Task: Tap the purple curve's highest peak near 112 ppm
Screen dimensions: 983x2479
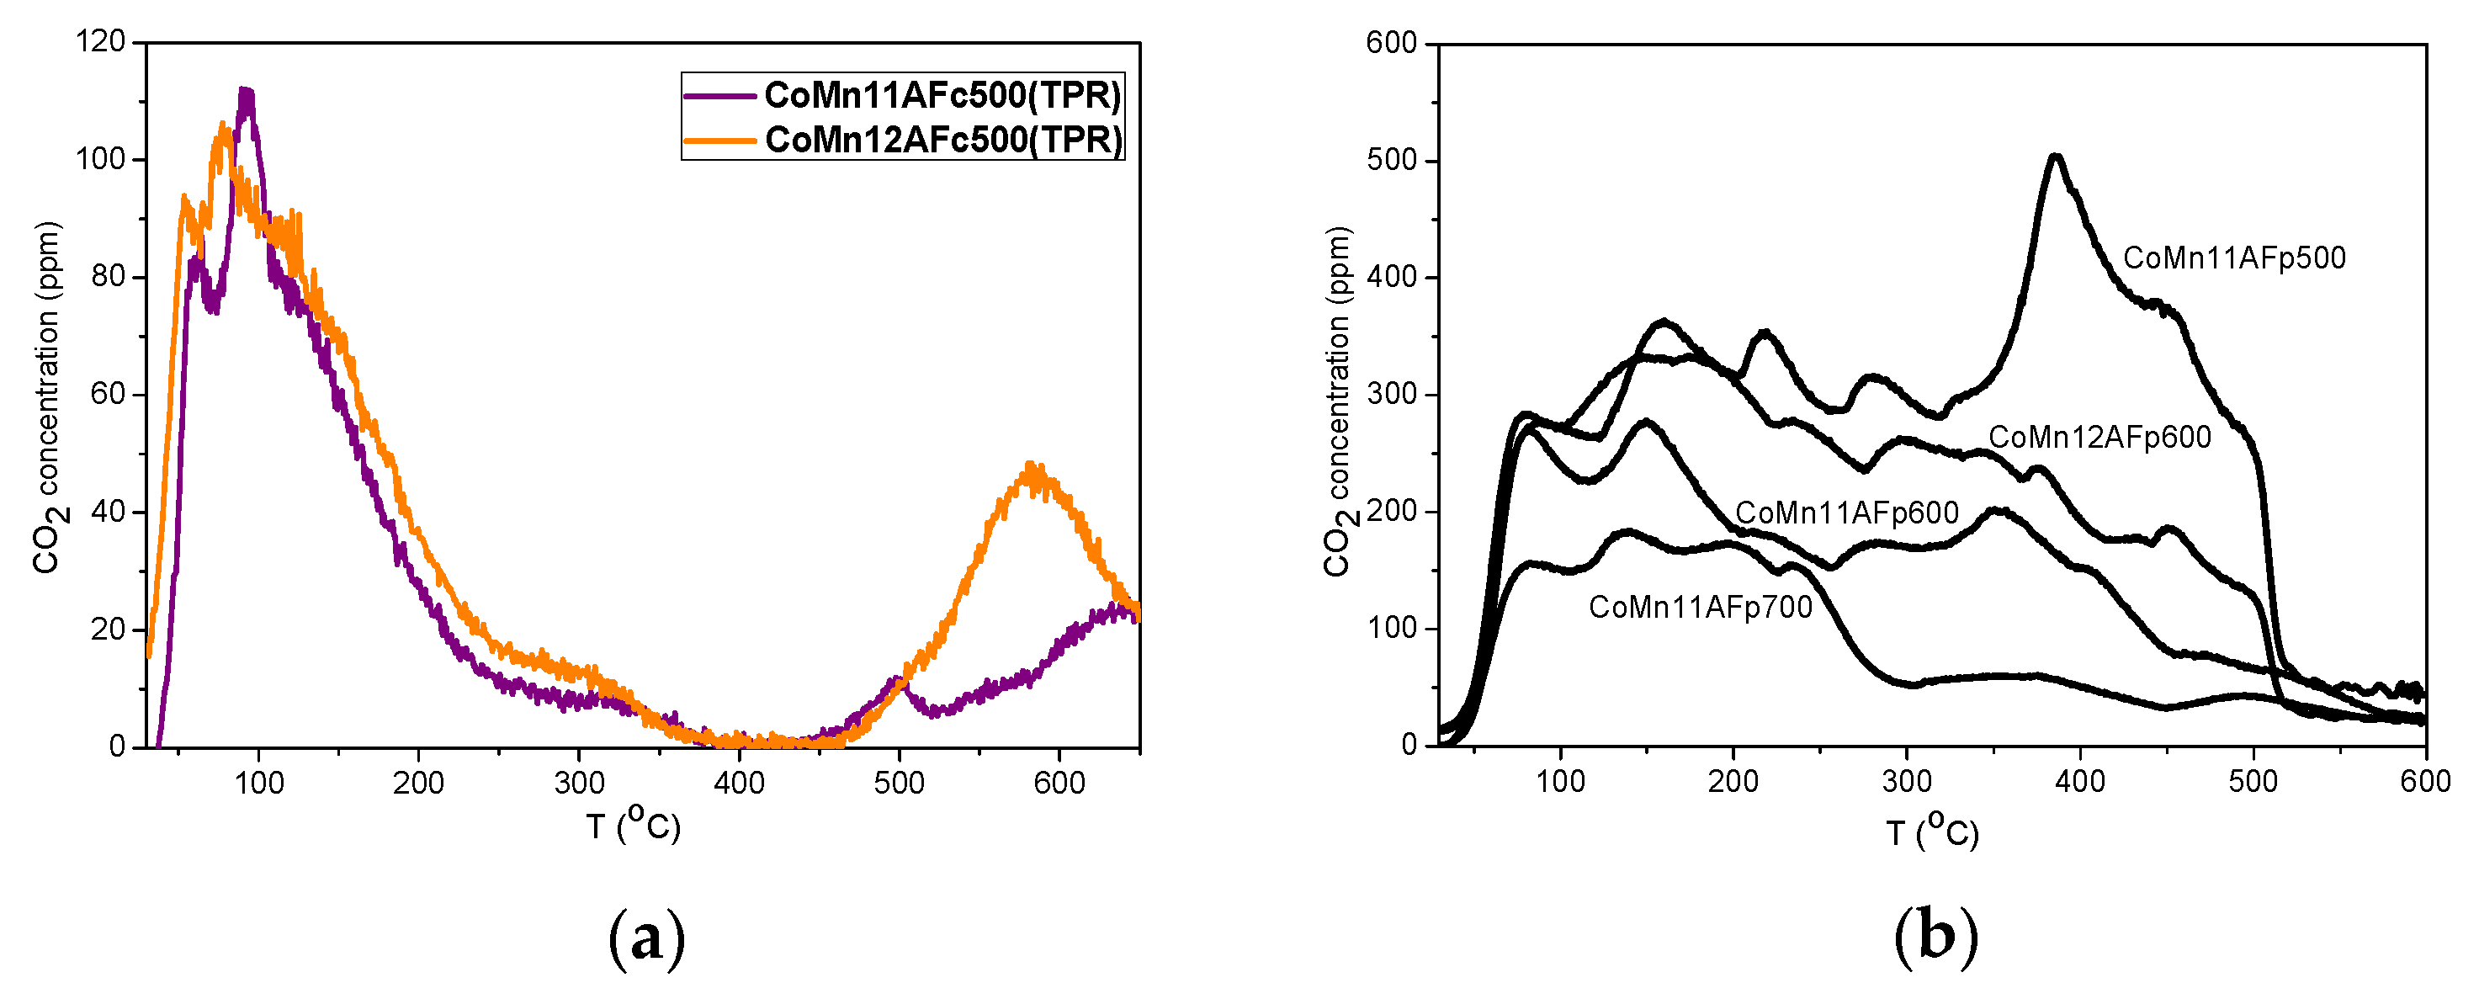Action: [246, 93]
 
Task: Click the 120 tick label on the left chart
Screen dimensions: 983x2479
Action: [100, 41]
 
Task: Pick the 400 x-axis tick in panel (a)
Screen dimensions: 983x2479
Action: [738, 783]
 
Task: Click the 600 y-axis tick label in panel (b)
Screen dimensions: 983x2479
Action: [1391, 43]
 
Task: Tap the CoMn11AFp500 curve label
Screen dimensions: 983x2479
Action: [2233, 258]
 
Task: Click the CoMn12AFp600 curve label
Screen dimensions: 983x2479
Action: [2099, 437]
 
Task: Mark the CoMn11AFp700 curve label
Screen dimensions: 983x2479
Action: [1701, 608]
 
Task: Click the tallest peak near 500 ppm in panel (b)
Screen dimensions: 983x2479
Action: [2056, 157]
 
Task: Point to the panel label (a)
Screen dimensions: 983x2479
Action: [647, 937]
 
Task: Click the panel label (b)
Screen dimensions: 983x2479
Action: [1935, 937]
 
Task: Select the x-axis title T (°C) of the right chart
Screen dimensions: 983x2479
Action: [1931, 831]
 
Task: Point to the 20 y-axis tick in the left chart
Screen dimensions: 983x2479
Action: [108, 630]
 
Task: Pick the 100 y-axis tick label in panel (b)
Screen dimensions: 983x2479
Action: [1391, 628]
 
